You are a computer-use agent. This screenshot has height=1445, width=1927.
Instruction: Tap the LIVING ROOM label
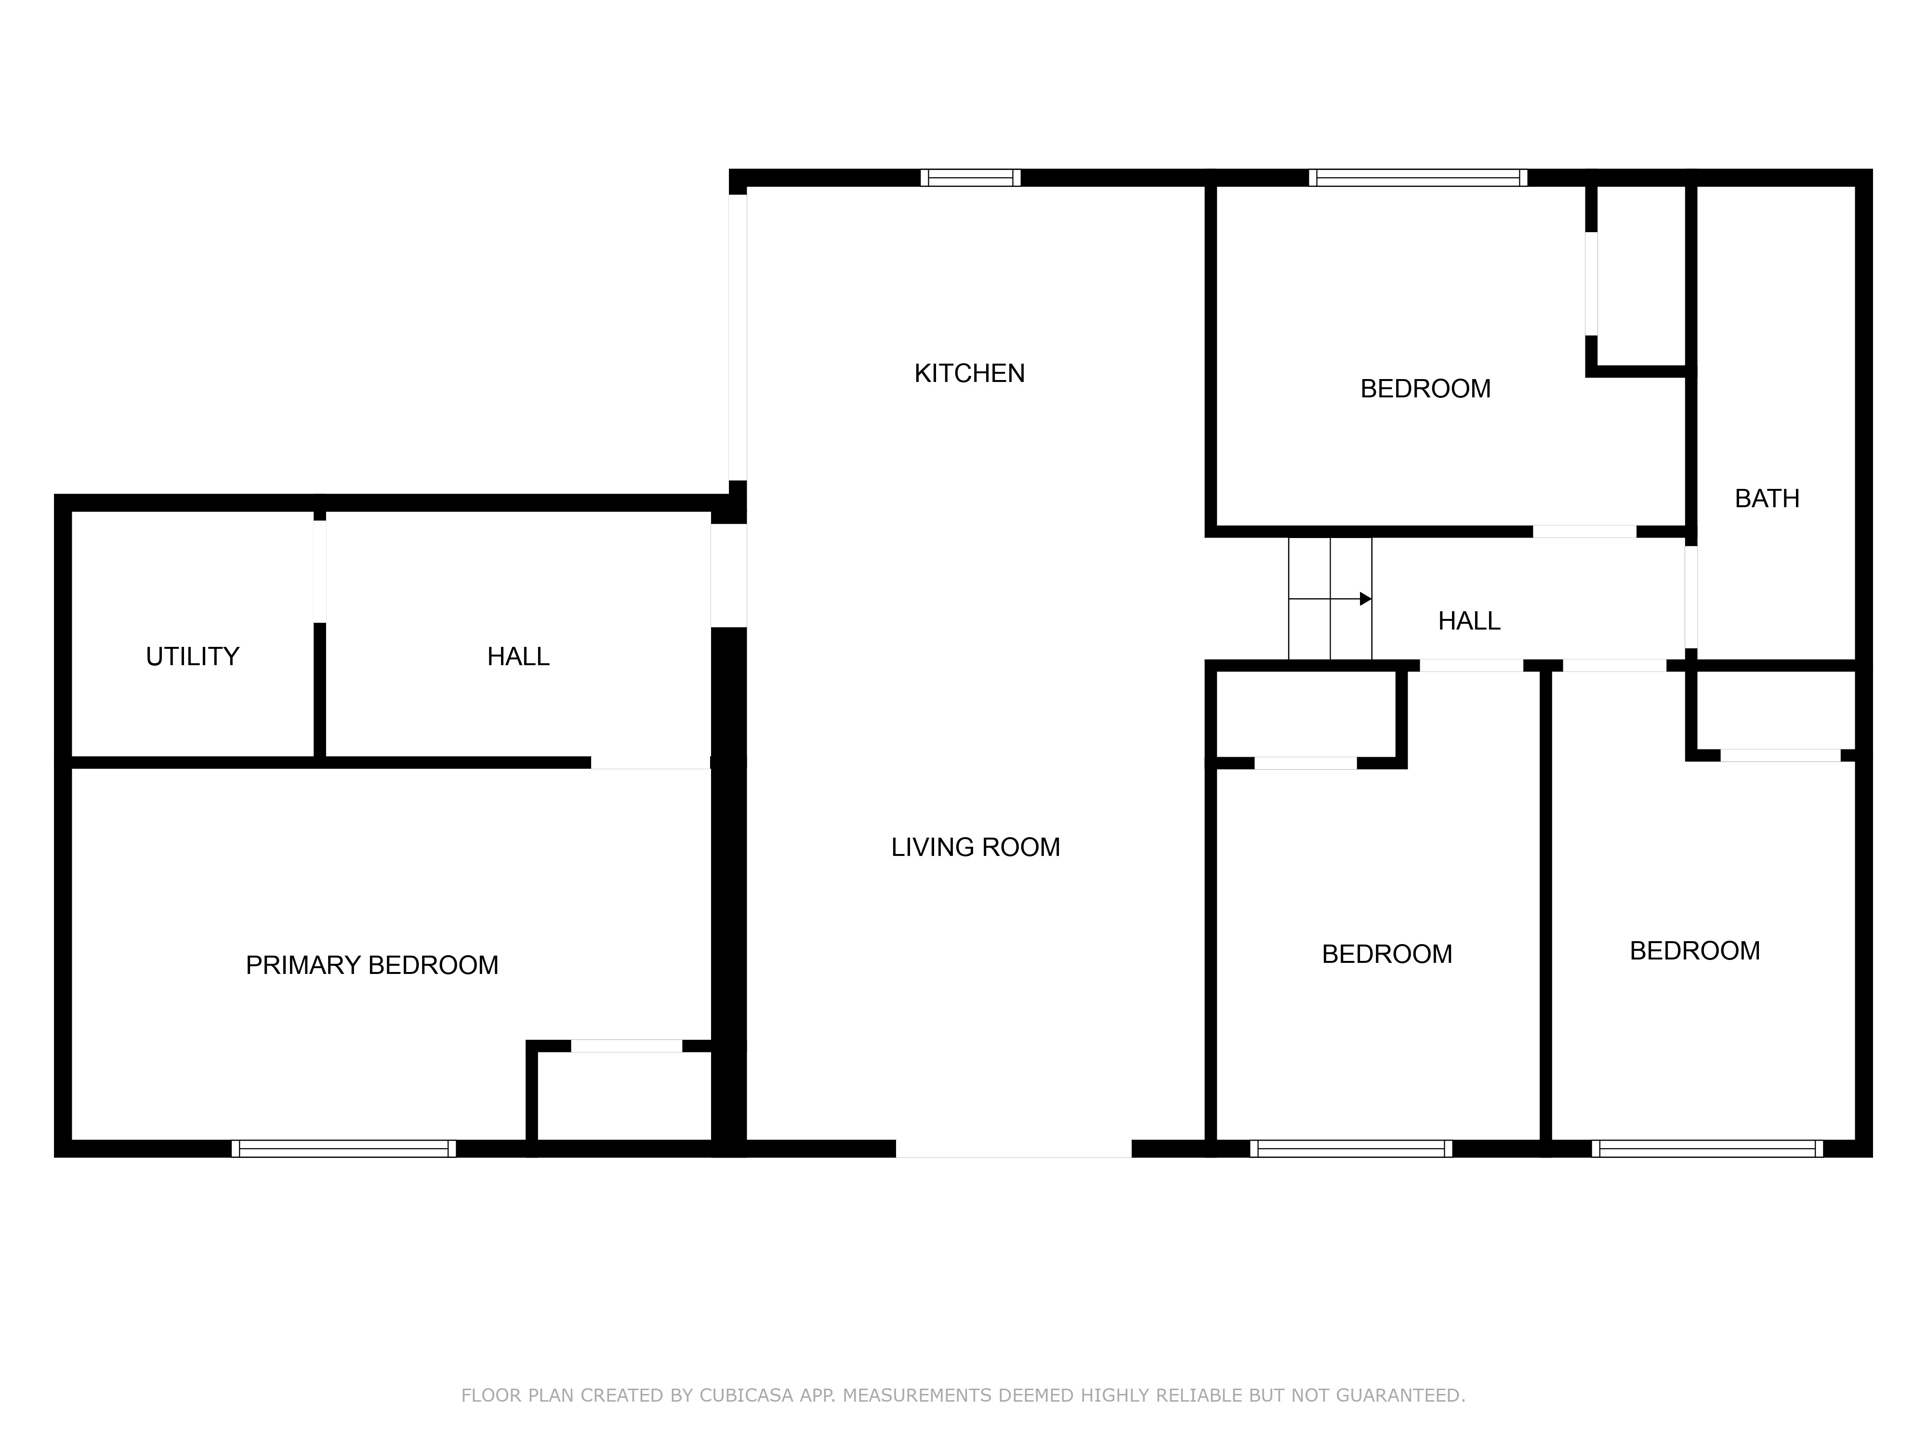(975, 847)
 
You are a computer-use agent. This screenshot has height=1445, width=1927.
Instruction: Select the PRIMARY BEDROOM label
(372, 965)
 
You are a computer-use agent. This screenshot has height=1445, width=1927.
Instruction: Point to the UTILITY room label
(193, 657)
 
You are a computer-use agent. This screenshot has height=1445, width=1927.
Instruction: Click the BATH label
(1767, 499)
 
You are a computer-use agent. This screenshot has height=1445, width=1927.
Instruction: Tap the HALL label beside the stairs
(1469, 621)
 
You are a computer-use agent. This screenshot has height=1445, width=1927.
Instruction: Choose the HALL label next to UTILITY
(518, 657)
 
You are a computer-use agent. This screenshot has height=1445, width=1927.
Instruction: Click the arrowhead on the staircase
(1366, 599)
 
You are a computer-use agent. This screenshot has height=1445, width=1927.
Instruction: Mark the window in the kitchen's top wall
(970, 178)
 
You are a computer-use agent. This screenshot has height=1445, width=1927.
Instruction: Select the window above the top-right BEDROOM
(1417, 178)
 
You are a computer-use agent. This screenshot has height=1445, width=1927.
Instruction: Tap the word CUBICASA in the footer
(747, 1395)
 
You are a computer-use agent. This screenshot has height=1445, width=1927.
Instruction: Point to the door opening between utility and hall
(320, 571)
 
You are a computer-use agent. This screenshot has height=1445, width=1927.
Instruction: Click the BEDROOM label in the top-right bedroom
(1425, 389)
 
